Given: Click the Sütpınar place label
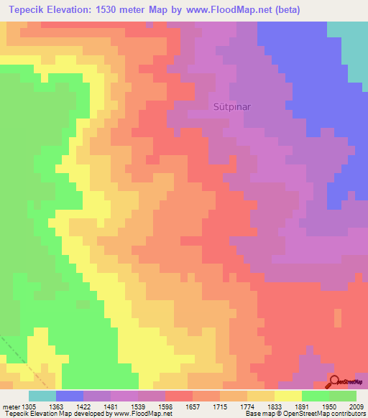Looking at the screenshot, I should point(231,106).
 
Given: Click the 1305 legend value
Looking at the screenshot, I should point(29,406).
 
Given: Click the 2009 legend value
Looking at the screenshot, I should point(356,406).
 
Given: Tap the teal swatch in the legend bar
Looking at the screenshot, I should point(42,396).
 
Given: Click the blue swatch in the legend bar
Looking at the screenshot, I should point(69,396).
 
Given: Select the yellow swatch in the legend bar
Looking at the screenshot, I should point(287,396).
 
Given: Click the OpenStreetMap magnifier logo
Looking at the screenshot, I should point(335,381).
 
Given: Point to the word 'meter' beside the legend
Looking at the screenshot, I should point(10,406).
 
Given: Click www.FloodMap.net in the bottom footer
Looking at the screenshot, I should point(146,414).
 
